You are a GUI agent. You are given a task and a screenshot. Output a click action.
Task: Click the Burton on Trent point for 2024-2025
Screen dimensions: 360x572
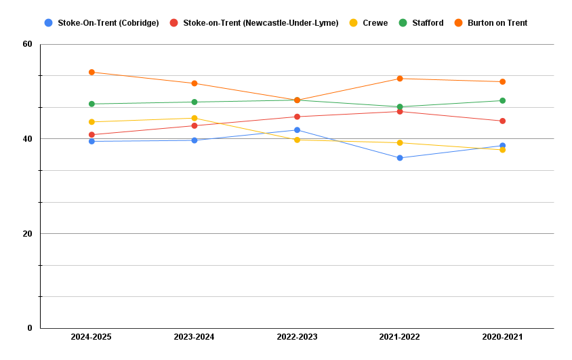click(91, 73)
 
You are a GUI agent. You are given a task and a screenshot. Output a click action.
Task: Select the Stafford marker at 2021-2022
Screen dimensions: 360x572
click(400, 107)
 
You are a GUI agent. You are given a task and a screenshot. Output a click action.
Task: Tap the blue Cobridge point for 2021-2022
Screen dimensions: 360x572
click(400, 158)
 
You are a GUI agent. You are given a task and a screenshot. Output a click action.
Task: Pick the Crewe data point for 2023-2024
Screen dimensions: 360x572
click(195, 118)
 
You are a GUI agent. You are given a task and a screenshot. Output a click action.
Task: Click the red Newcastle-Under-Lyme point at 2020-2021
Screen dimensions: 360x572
click(502, 121)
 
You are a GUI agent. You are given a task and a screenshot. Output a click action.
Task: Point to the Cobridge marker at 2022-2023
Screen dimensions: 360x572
click(297, 130)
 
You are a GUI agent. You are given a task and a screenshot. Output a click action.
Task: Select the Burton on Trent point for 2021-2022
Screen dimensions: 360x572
click(400, 79)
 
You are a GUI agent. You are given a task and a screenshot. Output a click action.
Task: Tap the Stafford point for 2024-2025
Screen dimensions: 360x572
click(91, 104)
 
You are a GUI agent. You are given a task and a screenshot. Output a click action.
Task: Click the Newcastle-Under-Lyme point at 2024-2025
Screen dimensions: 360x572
click(91, 135)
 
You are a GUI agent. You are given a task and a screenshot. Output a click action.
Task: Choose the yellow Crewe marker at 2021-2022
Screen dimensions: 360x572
click(400, 143)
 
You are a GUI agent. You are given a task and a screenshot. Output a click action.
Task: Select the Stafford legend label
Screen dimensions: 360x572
click(428, 23)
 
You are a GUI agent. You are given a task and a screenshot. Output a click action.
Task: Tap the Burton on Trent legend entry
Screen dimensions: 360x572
click(497, 23)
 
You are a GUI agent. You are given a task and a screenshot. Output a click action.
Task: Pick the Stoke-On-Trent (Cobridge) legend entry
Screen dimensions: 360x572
click(108, 23)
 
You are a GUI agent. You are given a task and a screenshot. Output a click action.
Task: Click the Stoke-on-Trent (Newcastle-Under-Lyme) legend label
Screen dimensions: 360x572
click(260, 23)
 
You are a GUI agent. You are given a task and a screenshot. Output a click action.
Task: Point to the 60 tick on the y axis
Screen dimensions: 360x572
click(28, 44)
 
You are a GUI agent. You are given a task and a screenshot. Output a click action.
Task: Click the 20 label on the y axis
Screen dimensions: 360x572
click(28, 234)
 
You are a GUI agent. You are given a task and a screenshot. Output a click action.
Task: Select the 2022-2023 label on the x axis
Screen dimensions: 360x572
click(297, 337)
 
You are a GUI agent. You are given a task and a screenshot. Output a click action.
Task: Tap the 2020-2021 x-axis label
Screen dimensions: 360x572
click(502, 337)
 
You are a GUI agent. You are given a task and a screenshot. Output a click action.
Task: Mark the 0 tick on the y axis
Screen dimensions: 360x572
click(30, 328)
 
